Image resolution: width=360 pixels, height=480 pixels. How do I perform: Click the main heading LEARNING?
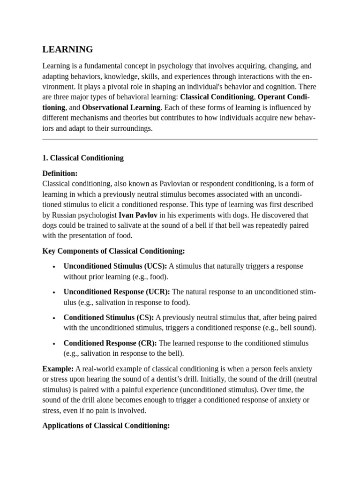coord(67,49)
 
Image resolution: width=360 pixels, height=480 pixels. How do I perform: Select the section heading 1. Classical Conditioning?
coord(83,158)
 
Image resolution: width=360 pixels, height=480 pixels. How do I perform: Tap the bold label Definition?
coord(60,173)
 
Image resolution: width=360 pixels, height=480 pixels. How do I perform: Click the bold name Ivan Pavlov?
coord(138,215)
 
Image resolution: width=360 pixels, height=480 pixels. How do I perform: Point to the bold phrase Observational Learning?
coord(121,108)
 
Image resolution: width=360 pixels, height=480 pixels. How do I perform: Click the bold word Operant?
coord(274,97)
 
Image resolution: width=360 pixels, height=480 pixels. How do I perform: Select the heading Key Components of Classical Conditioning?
coord(113,251)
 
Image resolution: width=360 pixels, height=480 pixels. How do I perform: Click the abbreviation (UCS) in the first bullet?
coord(155,266)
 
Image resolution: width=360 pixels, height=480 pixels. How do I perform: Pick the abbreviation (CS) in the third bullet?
coord(145,318)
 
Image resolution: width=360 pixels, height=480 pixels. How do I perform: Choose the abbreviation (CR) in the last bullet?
coord(148,343)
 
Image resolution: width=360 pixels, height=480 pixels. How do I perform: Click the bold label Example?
coord(58,369)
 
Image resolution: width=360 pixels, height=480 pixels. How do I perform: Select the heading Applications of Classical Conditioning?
coord(105,426)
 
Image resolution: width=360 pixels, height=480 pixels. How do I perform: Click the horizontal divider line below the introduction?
coord(180,139)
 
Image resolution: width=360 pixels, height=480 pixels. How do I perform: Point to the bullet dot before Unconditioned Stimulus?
coord(54,267)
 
